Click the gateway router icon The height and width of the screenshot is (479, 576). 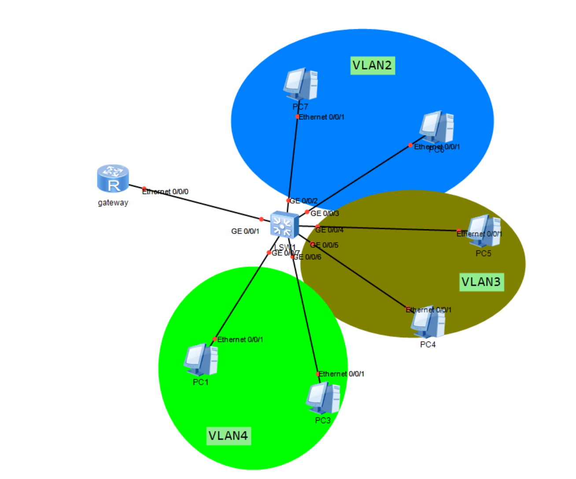point(113,178)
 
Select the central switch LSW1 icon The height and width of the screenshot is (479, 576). point(284,225)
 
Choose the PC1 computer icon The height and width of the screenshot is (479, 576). point(201,360)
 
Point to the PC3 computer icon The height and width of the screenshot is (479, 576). point(323,398)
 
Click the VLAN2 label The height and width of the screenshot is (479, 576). point(372,65)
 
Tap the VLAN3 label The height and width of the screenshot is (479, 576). point(481,281)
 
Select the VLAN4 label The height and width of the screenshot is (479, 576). point(228,435)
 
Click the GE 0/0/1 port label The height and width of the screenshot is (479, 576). point(245,231)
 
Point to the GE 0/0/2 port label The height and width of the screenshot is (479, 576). point(304,201)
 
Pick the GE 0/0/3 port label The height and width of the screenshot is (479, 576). point(325,214)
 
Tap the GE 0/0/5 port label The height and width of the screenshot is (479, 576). point(325,245)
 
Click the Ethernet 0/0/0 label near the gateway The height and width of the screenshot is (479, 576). point(165,192)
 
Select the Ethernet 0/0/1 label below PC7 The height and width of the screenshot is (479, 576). point(322,117)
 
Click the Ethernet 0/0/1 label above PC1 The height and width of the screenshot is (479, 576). point(240,339)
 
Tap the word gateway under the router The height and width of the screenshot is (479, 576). point(113,203)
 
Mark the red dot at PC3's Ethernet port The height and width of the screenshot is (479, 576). point(318,374)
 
